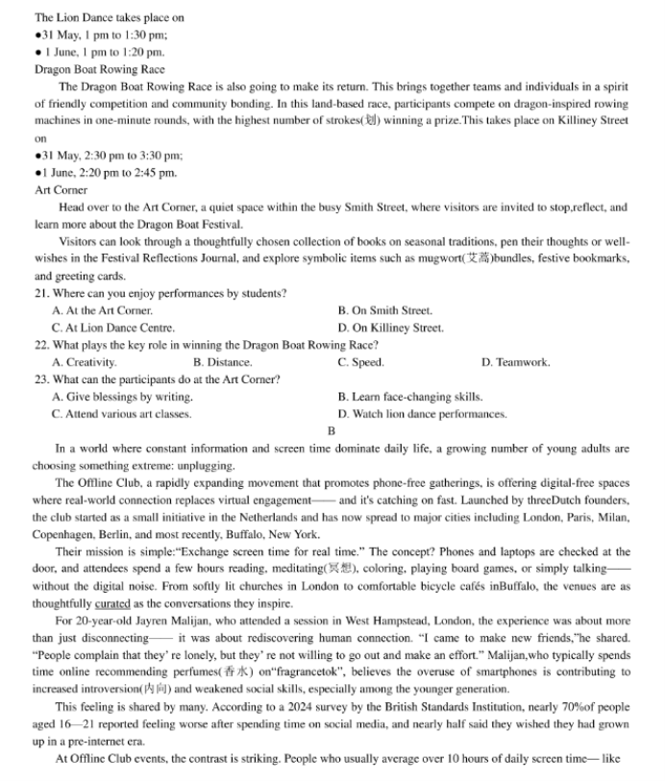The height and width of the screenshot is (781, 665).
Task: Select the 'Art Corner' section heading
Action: [61, 190]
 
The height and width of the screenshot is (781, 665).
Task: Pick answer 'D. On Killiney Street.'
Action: [390, 328]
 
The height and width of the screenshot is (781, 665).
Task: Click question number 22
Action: [42, 345]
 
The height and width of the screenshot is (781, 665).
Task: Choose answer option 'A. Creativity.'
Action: [85, 362]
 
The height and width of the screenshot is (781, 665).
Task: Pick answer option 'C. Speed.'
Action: [360, 362]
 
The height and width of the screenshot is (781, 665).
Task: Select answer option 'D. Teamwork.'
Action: [515, 362]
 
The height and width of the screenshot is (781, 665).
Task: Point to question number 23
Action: [42, 379]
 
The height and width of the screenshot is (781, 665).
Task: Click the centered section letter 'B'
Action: [332, 430]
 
